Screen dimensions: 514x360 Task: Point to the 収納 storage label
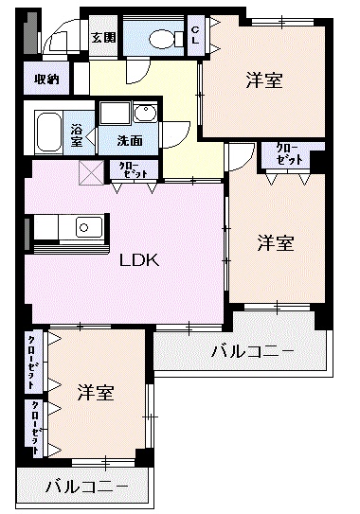tap(46, 80)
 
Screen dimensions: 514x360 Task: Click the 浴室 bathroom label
tap(77, 134)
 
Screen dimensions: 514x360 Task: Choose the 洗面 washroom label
tap(130, 140)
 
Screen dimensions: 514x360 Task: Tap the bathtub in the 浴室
tap(49, 133)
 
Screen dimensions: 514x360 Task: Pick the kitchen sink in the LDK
tap(88, 227)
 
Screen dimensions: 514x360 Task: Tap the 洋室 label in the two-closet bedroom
tap(96, 391)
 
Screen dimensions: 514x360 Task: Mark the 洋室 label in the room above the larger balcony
tap(276, 243)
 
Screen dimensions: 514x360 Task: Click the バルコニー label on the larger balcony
tap(251, 352)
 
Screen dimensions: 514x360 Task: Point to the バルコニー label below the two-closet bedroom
tap(86, 487)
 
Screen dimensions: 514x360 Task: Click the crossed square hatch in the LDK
tap(92, 171)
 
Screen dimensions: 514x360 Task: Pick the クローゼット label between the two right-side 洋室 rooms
tap(290, 153)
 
